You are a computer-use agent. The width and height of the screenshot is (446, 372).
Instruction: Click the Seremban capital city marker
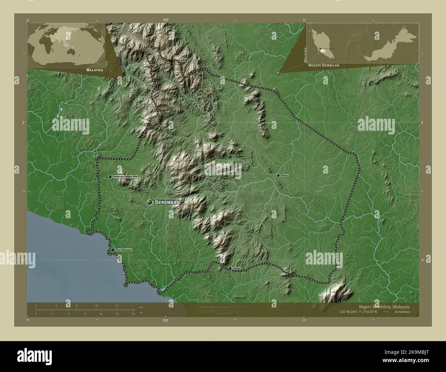pyautogui.click(x=149, y=202)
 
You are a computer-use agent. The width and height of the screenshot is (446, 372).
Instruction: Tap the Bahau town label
pyautogui.click(x=284, y=175)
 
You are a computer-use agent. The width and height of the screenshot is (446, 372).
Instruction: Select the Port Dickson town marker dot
pyautogui.click(x=112, y=250)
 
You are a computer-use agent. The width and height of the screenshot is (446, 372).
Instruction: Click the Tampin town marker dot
pyautogui.click(x=230, y=268)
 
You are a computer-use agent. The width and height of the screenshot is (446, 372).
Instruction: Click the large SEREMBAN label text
pyautogui.click(x=167, y=202)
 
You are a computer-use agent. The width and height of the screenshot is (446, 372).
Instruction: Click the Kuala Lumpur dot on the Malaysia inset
pyautogui.click(x=320, y=49)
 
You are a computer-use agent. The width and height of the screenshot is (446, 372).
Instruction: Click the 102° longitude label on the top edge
pyautogui.click(x=166, y=20)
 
